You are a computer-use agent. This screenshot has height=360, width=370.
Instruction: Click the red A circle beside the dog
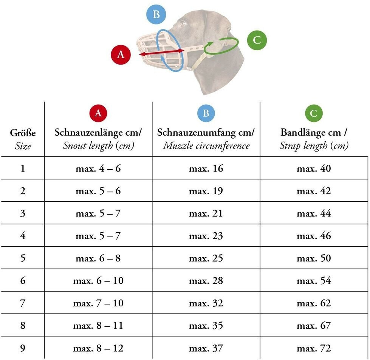pyautogui.click(x=121, y=54)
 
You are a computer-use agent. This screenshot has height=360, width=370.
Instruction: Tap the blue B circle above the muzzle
pyautogui.click(x=156, y=15)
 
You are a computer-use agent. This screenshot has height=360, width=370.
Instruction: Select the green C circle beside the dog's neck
pyautogui.click(x=257, y=40)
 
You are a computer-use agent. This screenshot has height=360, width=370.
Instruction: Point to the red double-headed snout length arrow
pyautogui.click(x=161, y=53)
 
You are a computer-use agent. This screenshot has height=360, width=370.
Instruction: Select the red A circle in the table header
pyautogui.click(x=98, y=113)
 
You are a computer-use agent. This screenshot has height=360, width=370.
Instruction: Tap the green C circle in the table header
pyautogui.click(x=314, y=113)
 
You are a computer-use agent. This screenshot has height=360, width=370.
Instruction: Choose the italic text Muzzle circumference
pyautogui.click(x=206, y=145)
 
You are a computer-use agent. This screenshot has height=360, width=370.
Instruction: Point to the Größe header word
pyautogui.click(x=23, y=133)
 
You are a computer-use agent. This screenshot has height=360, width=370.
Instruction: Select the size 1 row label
pyautogui.click(x=23, y=168)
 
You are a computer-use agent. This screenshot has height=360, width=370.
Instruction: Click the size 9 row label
pyautogui.click(x=23, y=348)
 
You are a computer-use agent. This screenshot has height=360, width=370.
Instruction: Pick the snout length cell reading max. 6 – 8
pyautogui.click(x=98, y=258)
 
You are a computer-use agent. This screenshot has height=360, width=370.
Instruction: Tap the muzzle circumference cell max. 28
pyautogui.click(x=206, y=281)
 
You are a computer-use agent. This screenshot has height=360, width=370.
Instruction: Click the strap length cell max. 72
pyautogui.click(x=314, y=348)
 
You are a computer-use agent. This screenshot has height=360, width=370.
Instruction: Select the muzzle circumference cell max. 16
pyautogui.click(x=206, y=168)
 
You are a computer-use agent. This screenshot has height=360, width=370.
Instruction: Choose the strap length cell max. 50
pyautogui.click(x=314, y=258)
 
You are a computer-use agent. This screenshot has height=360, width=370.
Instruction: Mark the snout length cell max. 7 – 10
pyautogui.click(x=98, y=303)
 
